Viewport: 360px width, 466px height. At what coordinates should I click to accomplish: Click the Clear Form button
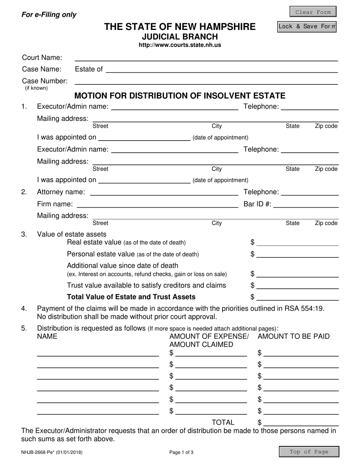pos(313,12)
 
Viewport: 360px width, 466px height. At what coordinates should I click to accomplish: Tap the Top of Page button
pos(309,452)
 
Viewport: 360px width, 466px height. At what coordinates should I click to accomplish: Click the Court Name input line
pos(206,58)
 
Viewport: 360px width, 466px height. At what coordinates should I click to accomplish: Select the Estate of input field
pos(222,69)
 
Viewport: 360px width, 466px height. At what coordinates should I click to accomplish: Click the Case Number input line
pos(206,81)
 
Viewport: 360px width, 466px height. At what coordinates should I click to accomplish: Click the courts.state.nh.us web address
pos(180,45)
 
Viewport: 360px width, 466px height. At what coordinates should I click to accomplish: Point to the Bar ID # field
pos(305,204)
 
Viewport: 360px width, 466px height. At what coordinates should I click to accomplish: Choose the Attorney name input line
pos(164,192)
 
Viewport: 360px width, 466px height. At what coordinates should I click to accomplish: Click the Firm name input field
pos(157,204)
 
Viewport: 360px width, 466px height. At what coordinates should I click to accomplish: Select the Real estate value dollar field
pos(297,242)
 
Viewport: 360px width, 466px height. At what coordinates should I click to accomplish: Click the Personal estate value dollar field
pos(297,254)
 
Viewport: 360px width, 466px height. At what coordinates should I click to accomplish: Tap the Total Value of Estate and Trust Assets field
pos(297,297)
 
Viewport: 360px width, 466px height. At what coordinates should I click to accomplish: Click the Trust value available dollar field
pos(297,285)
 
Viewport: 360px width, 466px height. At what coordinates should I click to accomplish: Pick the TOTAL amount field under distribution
pos(301,422)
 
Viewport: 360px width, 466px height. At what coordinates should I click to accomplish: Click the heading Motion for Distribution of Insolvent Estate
pos(180,95)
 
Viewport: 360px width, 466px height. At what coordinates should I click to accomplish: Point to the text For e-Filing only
pos(49,15)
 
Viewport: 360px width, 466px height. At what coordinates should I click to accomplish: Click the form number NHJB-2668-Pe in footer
pos(52,452)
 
